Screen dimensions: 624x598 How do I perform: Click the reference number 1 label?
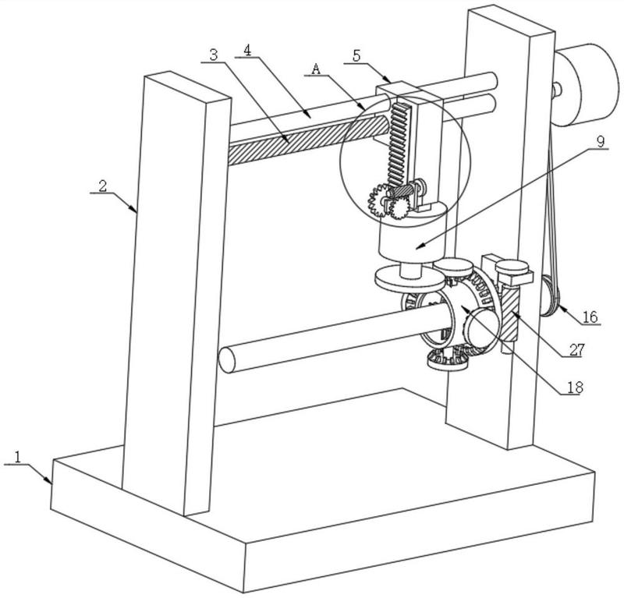pyautogui.click(x=17, y=457)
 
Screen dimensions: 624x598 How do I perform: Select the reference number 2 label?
pyautogui.click(x=103, y=186)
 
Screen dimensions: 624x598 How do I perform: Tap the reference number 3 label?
pyautogui.click(x=214, y=55)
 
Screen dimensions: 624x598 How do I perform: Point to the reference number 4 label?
pyautogui.click(x=247, y=50)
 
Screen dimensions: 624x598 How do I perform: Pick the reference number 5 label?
pyautogui.click(x=356, y=55)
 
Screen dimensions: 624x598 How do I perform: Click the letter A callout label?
pyautogui.click(x=316, y=69)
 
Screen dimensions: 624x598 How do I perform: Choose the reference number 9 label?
pyautogui.click(x=601, y=142)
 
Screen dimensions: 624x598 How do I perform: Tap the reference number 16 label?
pyautogui.click(x=590, y=317)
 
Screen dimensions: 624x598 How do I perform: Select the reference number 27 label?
pyautogui.click(x=576, y=350)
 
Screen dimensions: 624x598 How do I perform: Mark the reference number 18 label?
pyautogui.click(x=575, y=387)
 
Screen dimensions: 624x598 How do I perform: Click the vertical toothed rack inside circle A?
pyautogui.click(x=398, y=145)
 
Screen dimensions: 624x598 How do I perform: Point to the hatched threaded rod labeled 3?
pyautogui.click(x=307, y=140)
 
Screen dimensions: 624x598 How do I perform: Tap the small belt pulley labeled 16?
pyautogui.click(x=550, y=296)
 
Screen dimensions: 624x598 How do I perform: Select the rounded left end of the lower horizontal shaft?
pyautogui.click(x=226, y=360)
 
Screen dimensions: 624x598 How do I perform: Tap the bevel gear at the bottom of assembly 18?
pyautogui.click(x=446, y=359)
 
